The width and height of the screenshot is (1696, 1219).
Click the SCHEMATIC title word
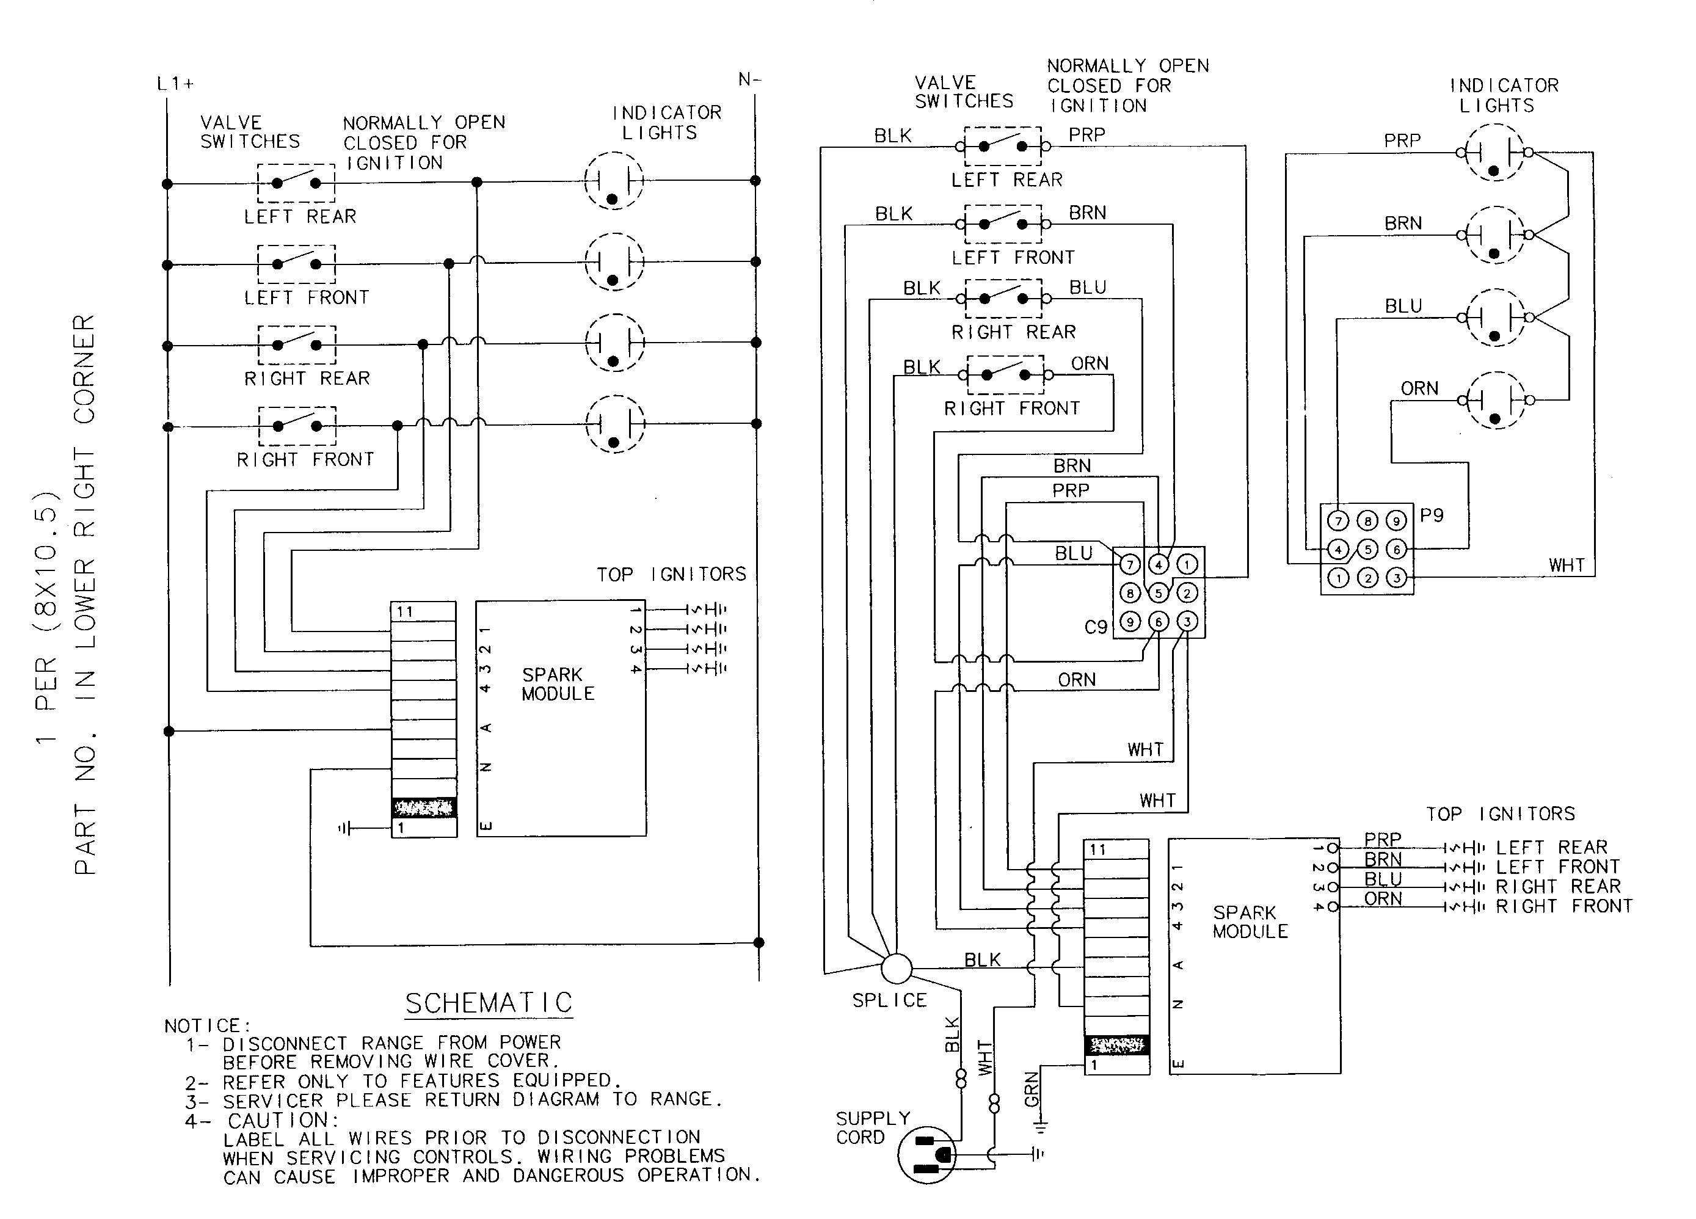click(x=489, y=1003)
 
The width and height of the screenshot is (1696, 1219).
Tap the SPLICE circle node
click(x=897, y=969)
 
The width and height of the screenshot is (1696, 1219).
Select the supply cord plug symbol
click(x=926, y=1155)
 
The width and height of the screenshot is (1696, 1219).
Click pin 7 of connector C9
click(x=1130, y=565)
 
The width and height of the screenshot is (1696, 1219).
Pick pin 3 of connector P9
click(x=1396, y=577)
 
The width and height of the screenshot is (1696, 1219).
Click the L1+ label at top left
click(x=175, y=84)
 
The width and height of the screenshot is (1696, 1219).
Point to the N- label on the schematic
click(x=749, y=79)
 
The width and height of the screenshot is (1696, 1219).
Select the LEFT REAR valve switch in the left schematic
click(x=296, y=183)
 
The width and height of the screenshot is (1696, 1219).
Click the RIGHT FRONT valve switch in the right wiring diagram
click(x=1005, y=374)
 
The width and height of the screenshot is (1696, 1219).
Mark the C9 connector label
click(x=1096, y=627)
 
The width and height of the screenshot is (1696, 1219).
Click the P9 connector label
click(x=1432, y=515)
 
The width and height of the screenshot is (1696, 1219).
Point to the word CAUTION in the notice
click(x=283, y=1120)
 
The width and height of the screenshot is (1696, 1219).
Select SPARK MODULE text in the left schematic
click(x=558, y=684)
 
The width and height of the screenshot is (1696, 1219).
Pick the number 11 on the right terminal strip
click(x=1097, y=850)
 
